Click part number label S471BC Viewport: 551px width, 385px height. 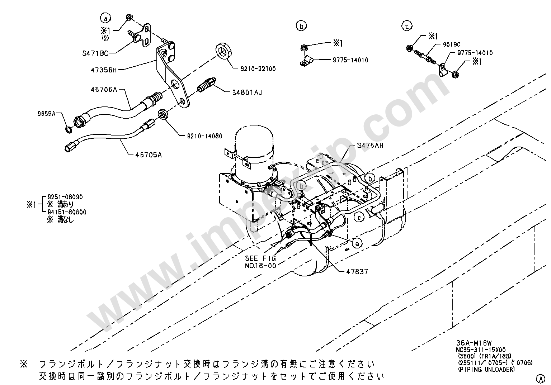pyautogui.click(x=95, y=53)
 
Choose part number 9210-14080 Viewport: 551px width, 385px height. pyautogui.click(x=204, y=136)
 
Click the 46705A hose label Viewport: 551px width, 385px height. pyautogui.click(x=149, y=155)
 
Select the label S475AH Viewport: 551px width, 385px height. pyautogui.click(x=370, y=146)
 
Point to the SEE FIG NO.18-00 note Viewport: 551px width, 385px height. pyautogui.click(x=260, y=262)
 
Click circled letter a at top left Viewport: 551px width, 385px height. pyautogui.click(x=105, y=18)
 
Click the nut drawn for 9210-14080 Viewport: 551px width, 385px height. pyautogui.click(x=163, y=115)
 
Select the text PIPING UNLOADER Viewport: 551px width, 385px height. pyautogui.click(x=486, y=369)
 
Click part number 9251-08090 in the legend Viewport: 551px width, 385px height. pyautogui.click(x=63, y=197)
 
